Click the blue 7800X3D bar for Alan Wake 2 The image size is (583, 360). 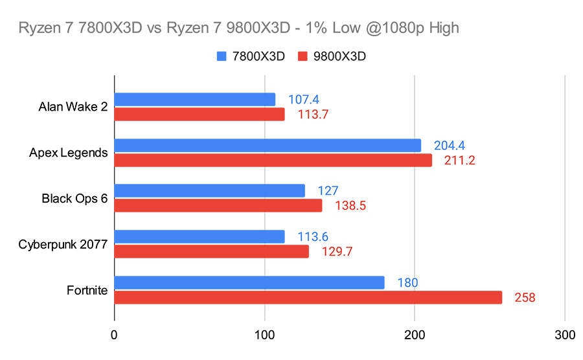tap(194, 99)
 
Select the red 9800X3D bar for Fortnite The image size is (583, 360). tap(308, 297)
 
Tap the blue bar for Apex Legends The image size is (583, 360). tap(268, 145)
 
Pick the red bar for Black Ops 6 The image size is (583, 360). tap(218, 205)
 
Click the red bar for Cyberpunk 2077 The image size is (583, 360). tap(212, 251)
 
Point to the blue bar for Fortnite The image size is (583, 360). tap(249, 282)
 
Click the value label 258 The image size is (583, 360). tap(525, 297)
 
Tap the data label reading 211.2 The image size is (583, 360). tap(460, 161)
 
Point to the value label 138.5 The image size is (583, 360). tap(351, 206)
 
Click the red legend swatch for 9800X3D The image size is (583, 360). tap(302, 56)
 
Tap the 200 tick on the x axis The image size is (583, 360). tap(415, 335)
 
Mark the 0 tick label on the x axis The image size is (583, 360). tap(115, 335)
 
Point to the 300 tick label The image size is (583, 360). tap(565, 335)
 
